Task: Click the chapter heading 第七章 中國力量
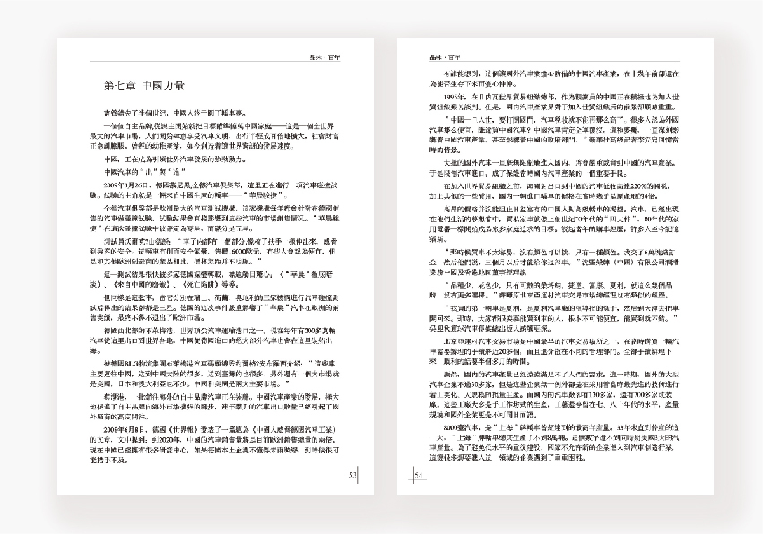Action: pos(144,86)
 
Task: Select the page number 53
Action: pos(353,475)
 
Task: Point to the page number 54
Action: pos(419,475)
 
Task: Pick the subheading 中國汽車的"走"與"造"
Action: pos(135,170)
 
